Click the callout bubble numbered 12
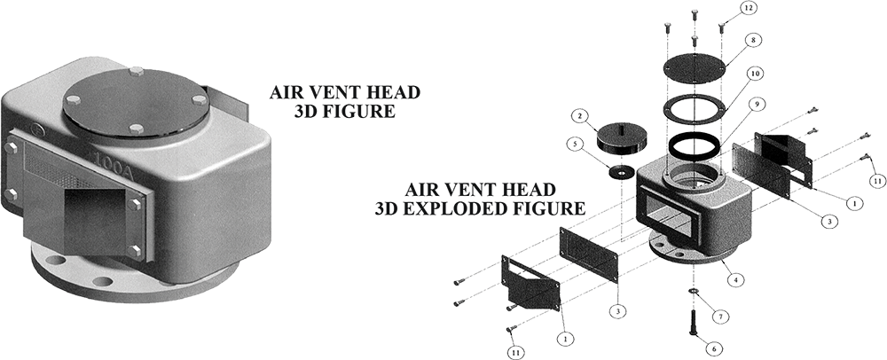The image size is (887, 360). (x=750, y=7)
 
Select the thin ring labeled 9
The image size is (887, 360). (x=695, y=145)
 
